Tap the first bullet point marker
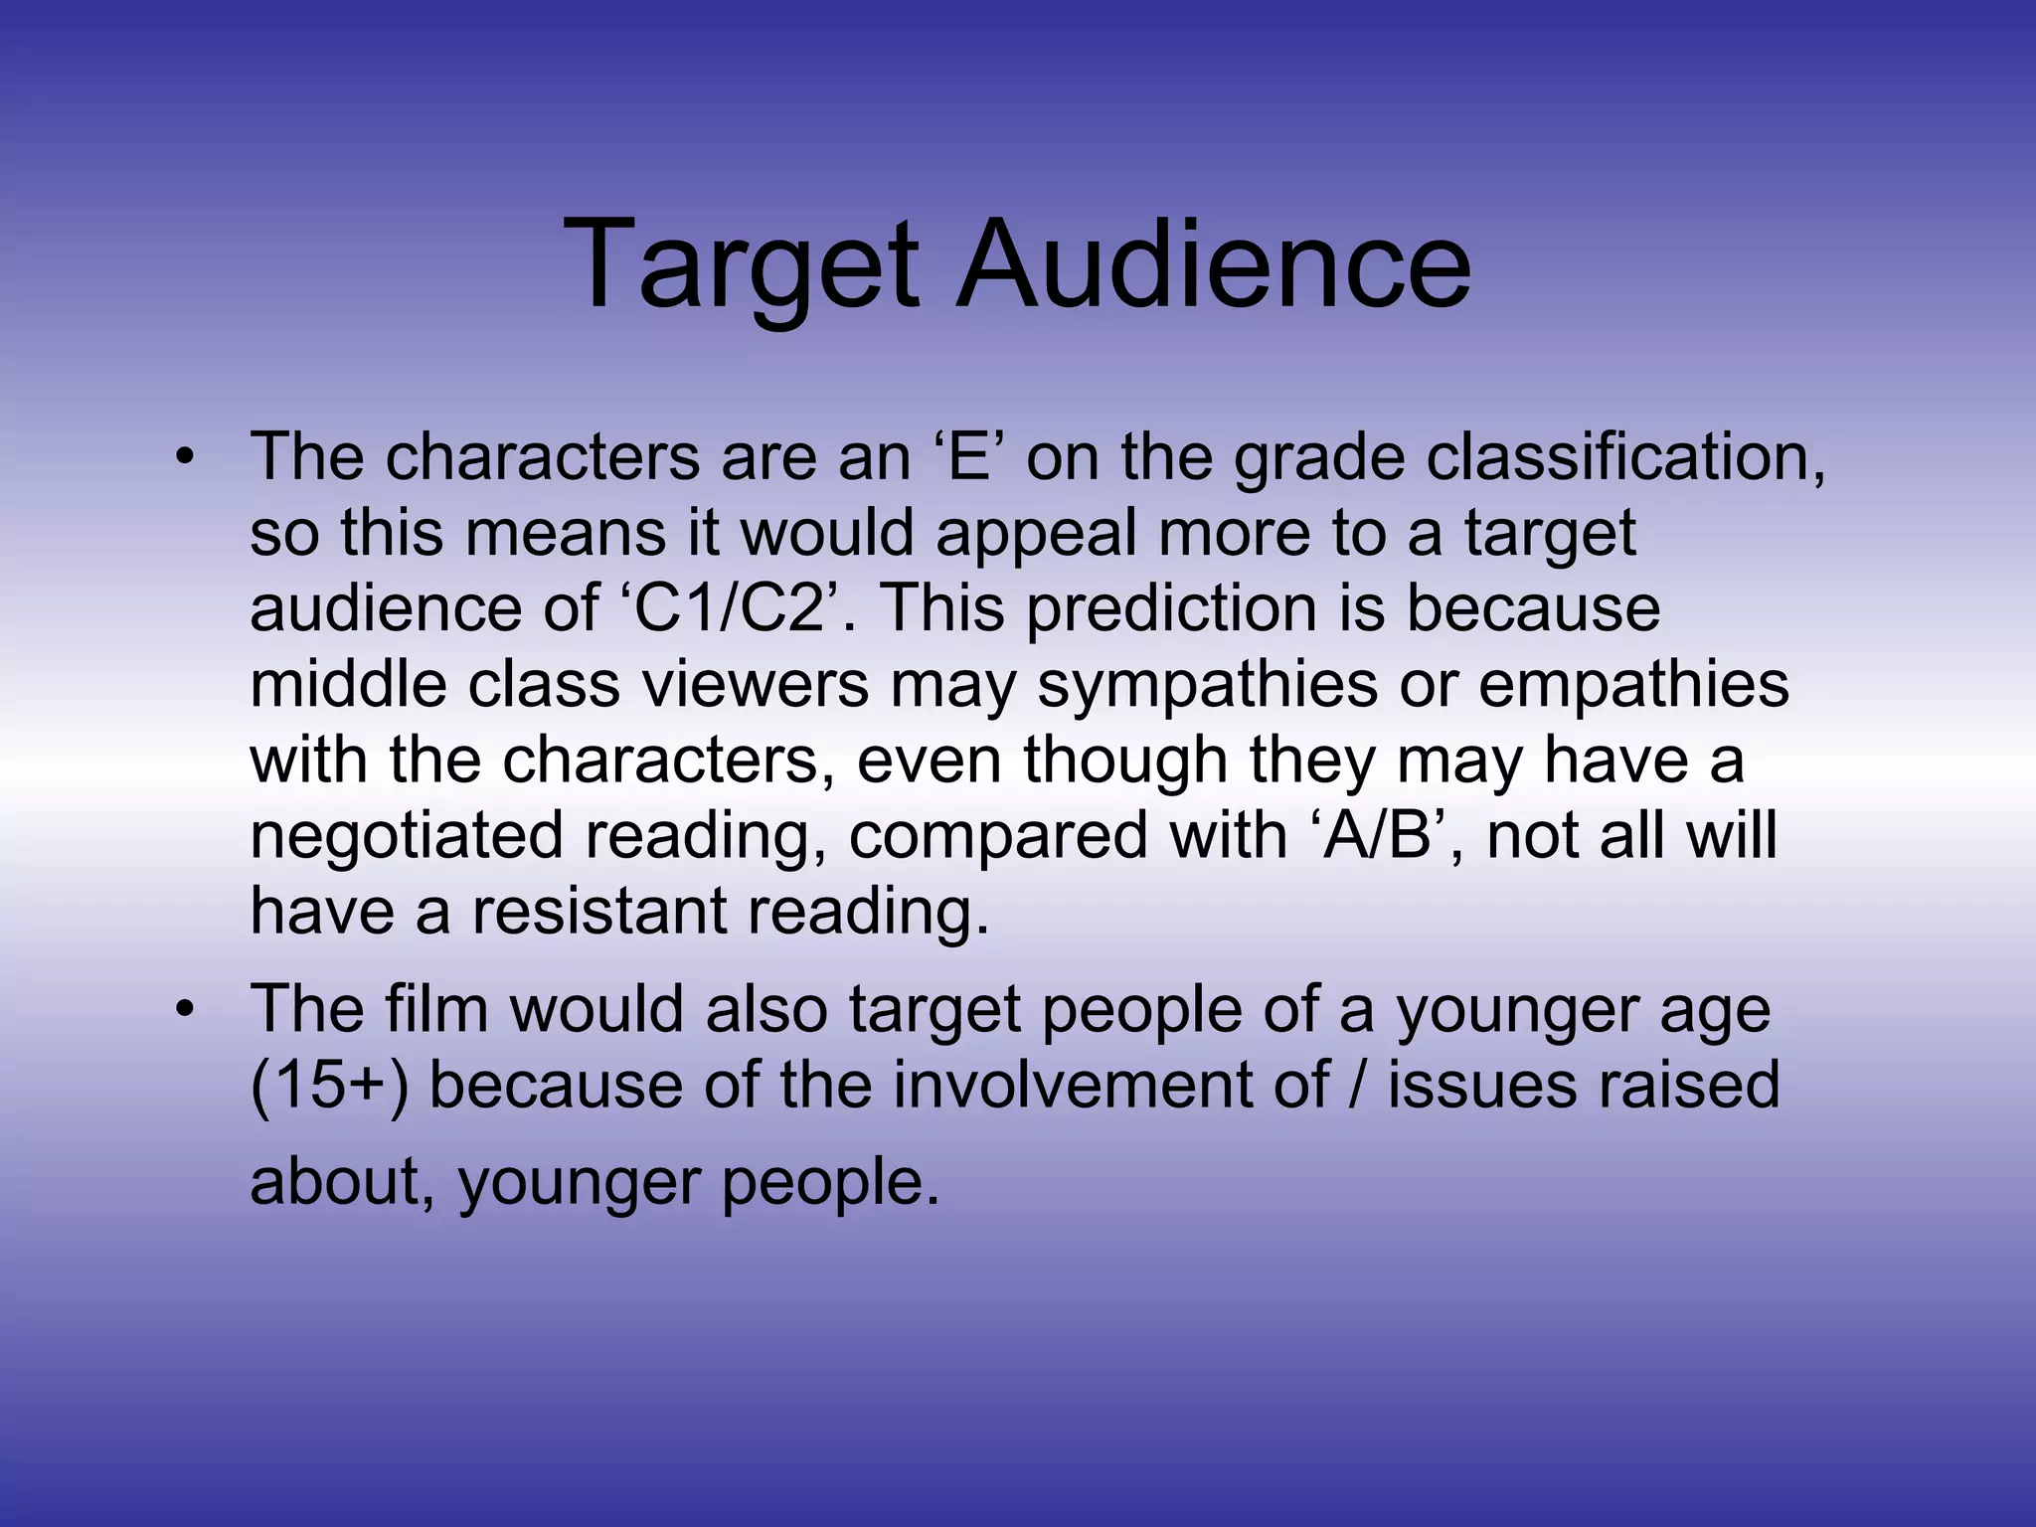click(x=183, y=458)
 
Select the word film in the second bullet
click(x=436, y=1009)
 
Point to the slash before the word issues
click(x=1358, y=1084)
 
